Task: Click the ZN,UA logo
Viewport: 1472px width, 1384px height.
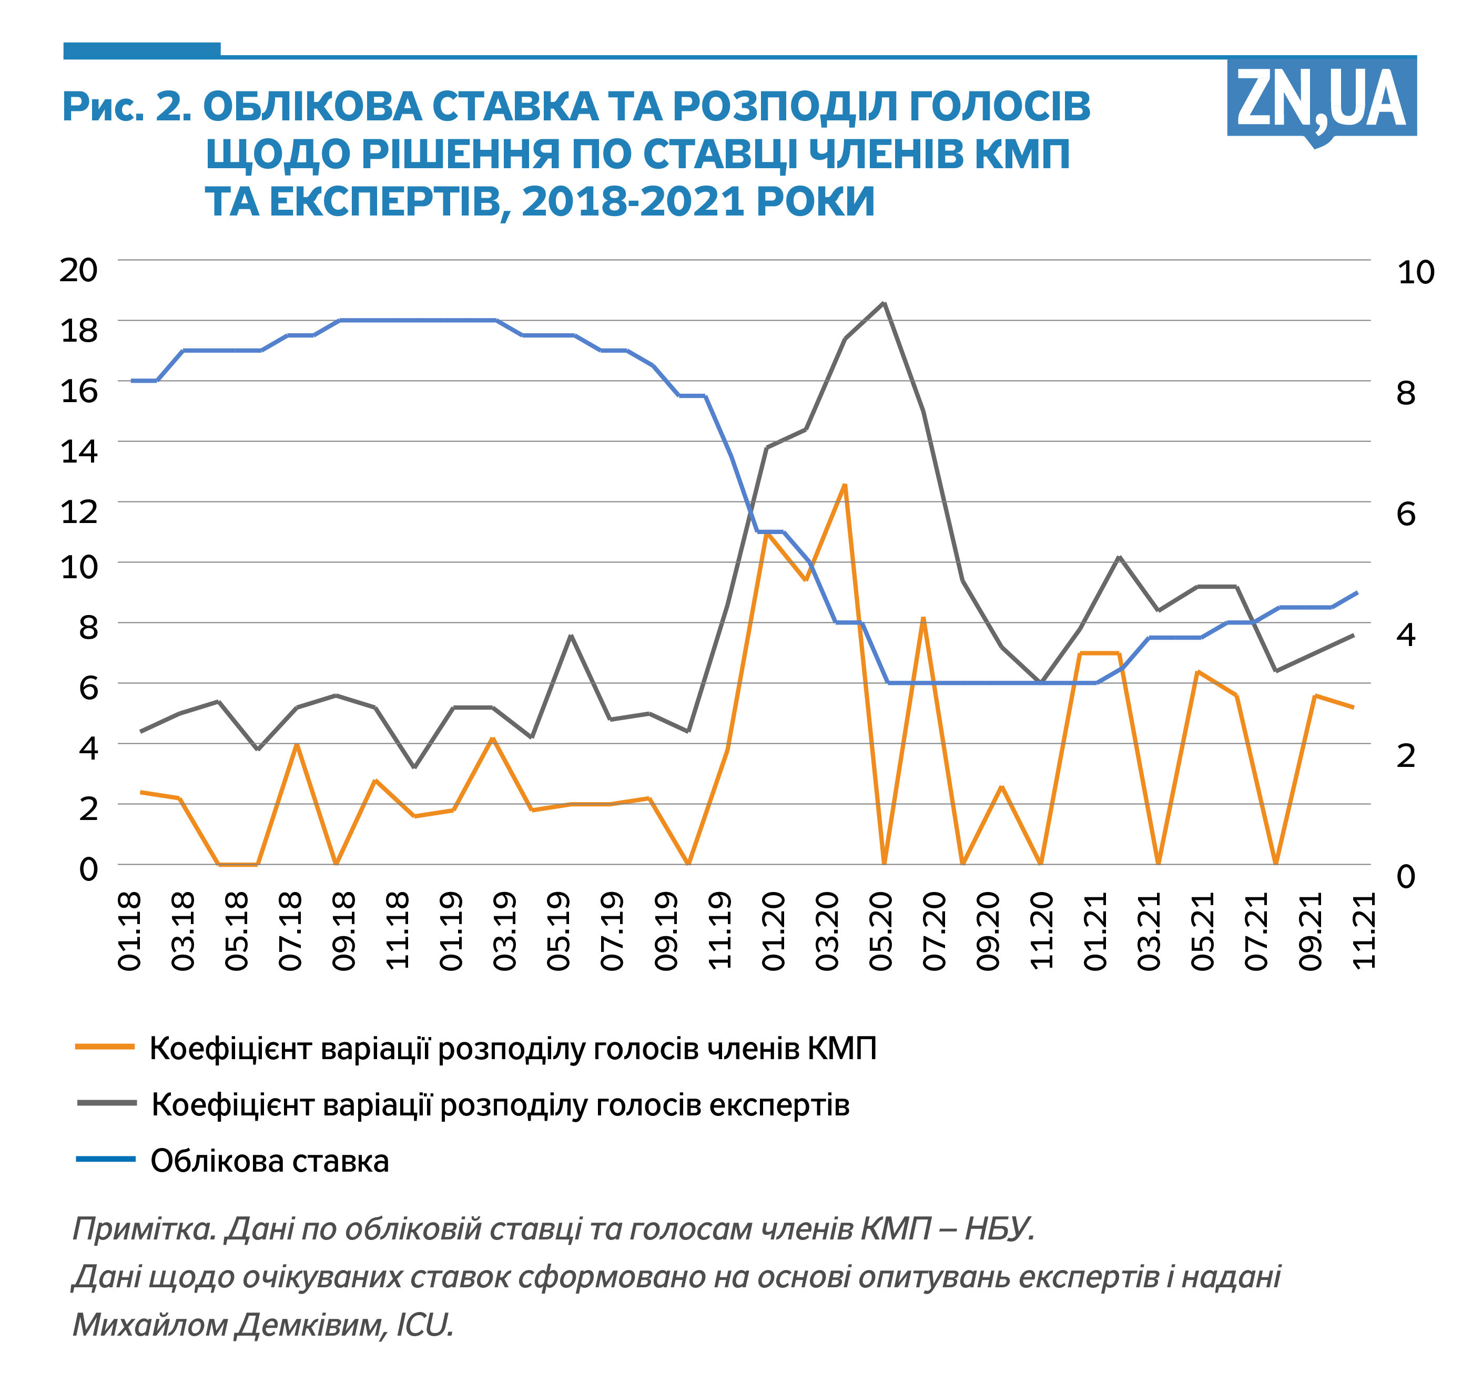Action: [1321, 99]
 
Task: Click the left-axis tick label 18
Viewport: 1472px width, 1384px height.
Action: [78, 331]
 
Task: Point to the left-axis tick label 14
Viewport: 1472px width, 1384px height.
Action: [78, 450]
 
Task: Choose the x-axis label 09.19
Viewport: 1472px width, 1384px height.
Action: [666, 931]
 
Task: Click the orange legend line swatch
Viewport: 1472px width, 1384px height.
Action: [105, 1047]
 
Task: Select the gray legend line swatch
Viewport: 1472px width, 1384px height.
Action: [107, 1103]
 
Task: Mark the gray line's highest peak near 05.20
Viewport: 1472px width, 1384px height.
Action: [884, 303]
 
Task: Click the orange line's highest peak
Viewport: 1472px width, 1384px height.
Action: [844, 486]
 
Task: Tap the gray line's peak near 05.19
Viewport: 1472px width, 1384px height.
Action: [571, 635]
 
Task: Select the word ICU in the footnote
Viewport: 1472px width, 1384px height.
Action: [424, 1325]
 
